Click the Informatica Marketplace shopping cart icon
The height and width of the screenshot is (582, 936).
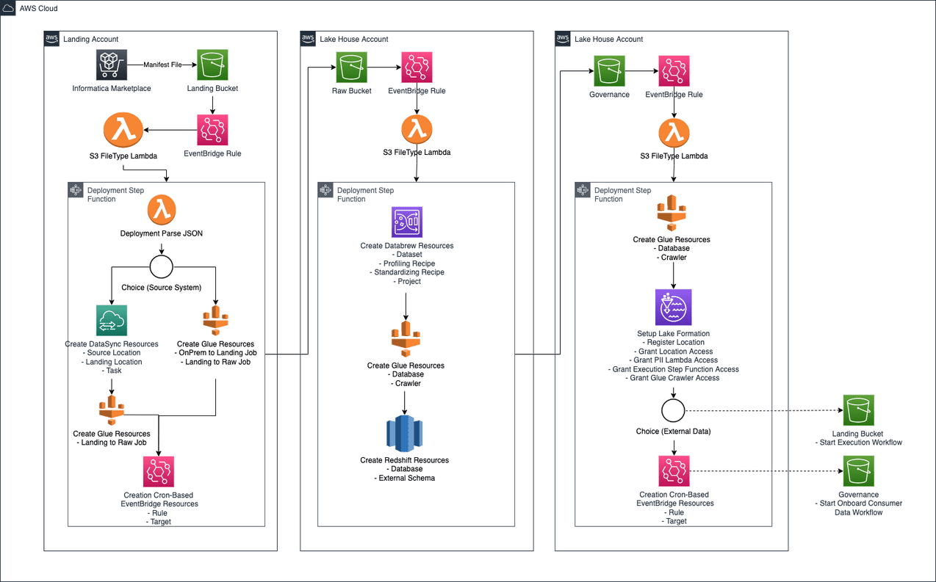click(x=112, y=65)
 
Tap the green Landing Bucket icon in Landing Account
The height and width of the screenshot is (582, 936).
click(x=212, y=65)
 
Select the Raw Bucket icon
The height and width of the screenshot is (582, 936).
click(x=351, y=68)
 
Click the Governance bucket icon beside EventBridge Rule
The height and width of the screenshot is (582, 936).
click(x=609, y=71)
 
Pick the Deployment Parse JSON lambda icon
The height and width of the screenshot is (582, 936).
click(x=162, y=210)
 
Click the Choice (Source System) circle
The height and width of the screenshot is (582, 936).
click(x=162, y=267)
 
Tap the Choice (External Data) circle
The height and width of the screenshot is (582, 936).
click(x=673, y=410)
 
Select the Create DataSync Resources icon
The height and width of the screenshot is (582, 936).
click(x=112, y=320)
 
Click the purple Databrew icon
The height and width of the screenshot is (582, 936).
click(x=407, y=222)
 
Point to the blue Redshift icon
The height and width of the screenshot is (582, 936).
click(x=405, y=433)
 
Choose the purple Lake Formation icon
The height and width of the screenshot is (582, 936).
click(x=673, y=307)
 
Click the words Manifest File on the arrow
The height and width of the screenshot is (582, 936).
click(x=162, y=65)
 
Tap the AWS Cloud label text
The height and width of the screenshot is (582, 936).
click(x=38, y=8)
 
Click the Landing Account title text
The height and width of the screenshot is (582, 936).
click(x=90, y=39)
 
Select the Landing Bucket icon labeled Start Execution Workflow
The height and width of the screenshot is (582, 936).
click(x=858, y=410)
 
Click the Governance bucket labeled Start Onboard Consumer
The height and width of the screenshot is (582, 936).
click(x=858, y=471)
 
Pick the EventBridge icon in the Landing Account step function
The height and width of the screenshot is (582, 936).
click(x=159, y=471)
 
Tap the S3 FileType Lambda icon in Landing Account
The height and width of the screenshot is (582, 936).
click(x=123, y=130)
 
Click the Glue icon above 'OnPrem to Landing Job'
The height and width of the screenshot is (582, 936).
click(x=215, y=320)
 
